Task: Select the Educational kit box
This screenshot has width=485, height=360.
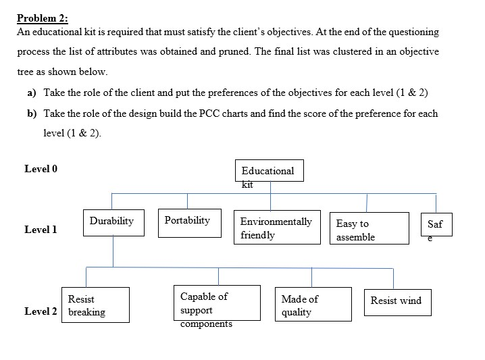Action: (270, 171)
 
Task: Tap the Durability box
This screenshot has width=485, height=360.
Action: (113, 222)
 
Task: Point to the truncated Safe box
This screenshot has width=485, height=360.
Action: (436, 224)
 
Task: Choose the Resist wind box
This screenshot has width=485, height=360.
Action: (397, 301)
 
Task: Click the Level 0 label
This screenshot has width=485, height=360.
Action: (41, 169)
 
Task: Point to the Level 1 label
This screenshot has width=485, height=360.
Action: (41, 230)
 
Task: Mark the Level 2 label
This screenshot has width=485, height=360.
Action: (41, 311)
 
